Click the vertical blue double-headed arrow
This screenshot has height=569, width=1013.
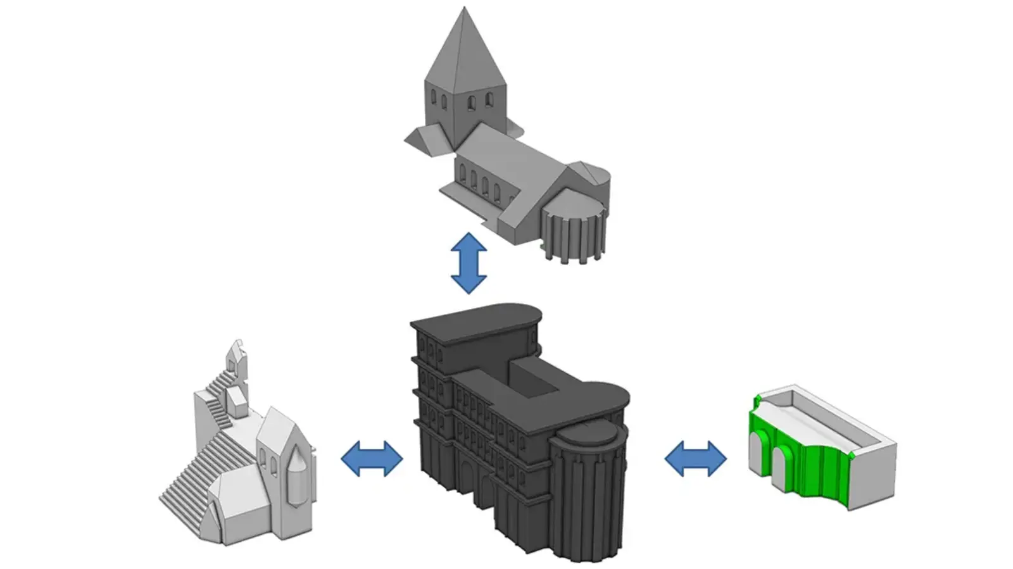pos(468,263)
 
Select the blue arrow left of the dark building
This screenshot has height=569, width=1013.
pos(372,458)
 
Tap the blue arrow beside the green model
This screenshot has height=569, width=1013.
pos(695,458)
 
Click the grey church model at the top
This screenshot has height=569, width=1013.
pos(507,152)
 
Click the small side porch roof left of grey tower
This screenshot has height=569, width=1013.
pos(427,139)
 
